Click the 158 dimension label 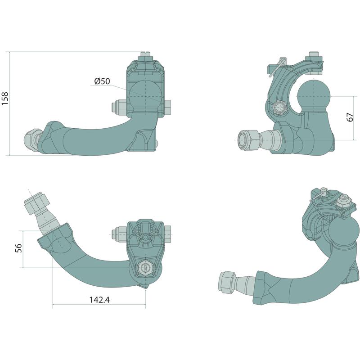tap(5, 99)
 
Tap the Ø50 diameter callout tap(102, 81)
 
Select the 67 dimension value tap(350, 117)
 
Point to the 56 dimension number tap(18, 248)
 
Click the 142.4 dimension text tap(99, 300)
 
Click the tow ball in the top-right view tap(314, 95)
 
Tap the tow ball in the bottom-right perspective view tap(344, 232)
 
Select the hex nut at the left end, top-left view tap(32, 140)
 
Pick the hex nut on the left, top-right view tap(249, 140)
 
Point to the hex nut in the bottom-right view tap(228, 282)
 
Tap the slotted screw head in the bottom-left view tap(144, 267)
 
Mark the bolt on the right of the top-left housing tap(167, 108)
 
